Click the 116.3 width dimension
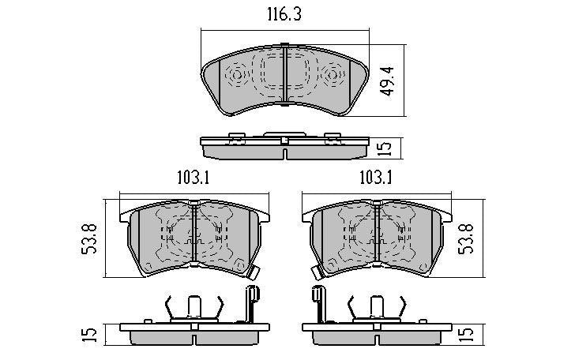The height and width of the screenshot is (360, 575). click(x=284, y=15)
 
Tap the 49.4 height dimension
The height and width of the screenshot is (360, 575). click(x=387, y=81)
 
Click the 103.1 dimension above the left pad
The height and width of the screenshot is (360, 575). click(x=193, y=178)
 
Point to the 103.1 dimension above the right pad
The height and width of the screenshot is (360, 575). click(x=375, y=178)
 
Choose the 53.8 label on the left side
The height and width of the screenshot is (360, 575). click(x=89, y=238)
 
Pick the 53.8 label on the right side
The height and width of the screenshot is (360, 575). click(x=467, y=239)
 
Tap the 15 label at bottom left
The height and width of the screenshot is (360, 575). click(x=90, y=335)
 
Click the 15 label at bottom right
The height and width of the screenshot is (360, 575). click(x=467, y=335)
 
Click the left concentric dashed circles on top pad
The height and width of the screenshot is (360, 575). click(x=237, y=76)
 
